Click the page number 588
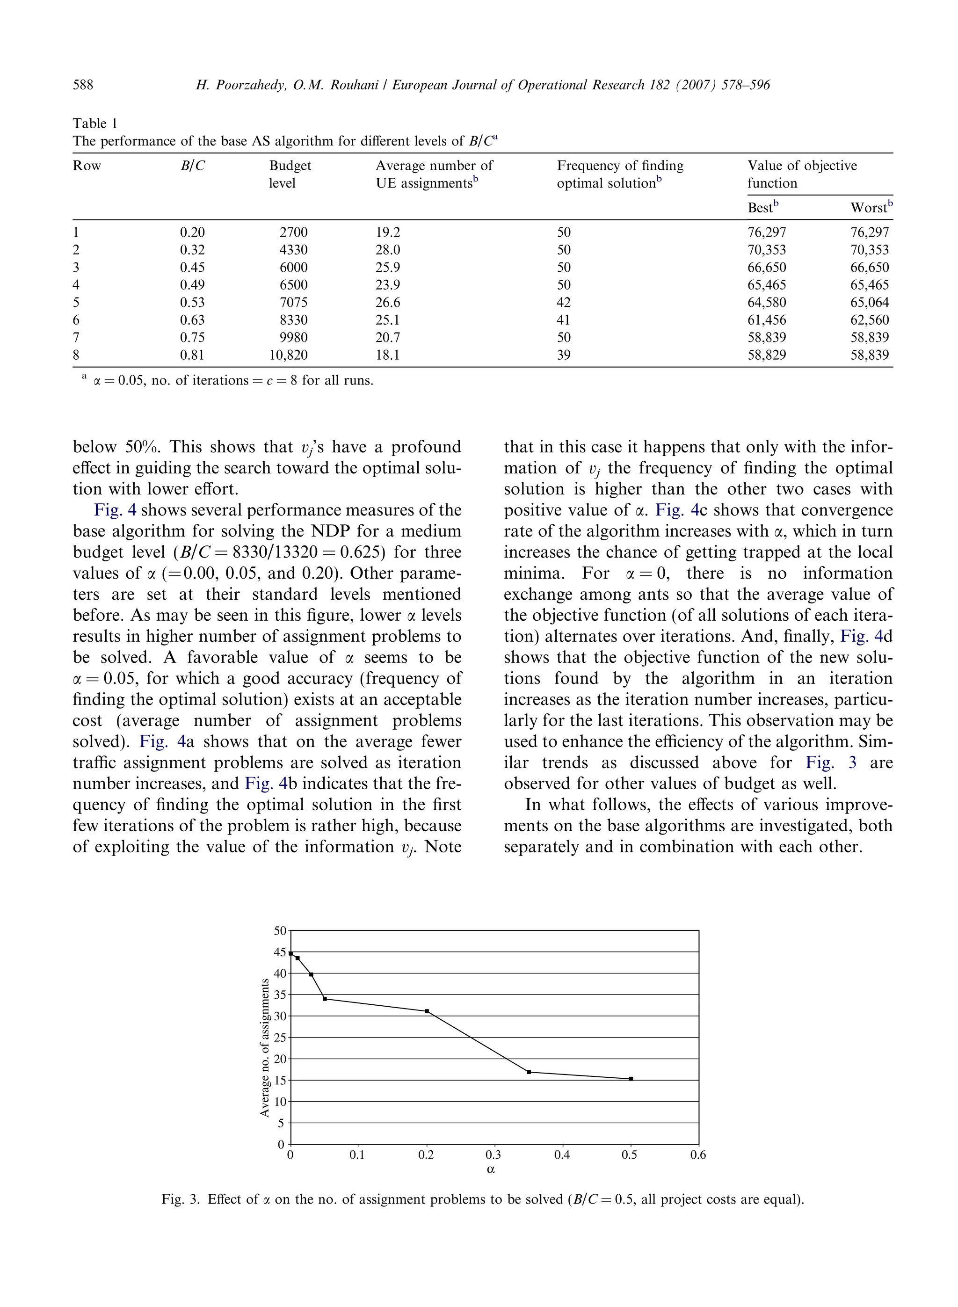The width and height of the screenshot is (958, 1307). (83, 85)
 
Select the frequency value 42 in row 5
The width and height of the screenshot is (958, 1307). (564, 303)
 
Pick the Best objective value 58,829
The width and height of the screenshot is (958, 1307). (767, 355)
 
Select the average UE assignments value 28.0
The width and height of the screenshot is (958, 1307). (388, 250)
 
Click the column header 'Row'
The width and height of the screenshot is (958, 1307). (87, 166)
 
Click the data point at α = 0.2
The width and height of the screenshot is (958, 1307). (427, 1011)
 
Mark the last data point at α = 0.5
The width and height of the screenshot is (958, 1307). (631, 1079)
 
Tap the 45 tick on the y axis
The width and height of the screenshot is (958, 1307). (280, 952)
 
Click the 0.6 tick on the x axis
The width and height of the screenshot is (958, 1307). (698, 1155)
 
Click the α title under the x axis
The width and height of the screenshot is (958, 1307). (491, 1169)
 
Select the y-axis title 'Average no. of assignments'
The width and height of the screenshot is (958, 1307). (265, 1048)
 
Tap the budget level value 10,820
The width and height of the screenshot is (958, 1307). (288, 355)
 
